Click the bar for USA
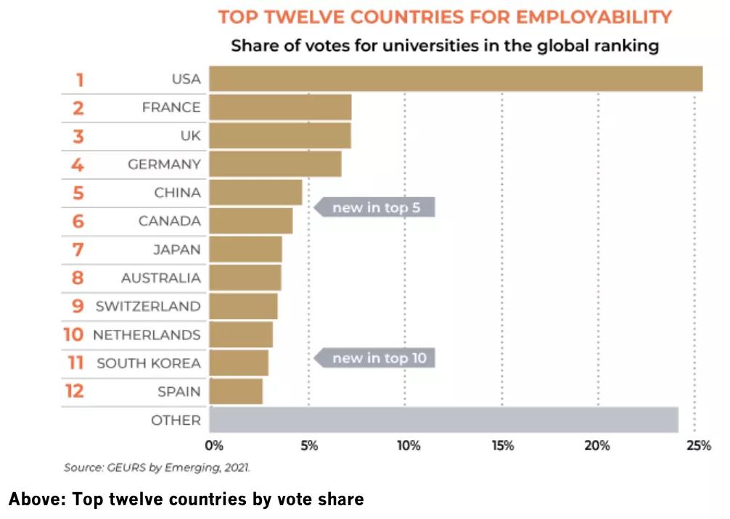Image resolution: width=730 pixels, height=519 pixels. (456, 79)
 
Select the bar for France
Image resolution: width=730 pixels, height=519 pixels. (280, 107)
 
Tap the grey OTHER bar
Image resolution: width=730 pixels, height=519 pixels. (443, 420)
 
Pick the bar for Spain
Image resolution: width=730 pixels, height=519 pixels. (236, 391)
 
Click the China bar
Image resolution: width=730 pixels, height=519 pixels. (255, 193)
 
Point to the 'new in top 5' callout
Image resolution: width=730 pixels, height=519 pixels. (375, 207)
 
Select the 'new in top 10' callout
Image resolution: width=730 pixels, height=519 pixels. (375, 357)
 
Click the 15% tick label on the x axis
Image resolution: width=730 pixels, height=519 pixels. (502, 446)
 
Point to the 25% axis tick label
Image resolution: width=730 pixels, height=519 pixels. (698, 446)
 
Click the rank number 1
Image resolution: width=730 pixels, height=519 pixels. (79, 79)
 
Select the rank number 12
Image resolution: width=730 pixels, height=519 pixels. (75, 391)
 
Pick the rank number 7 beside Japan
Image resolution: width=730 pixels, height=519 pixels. (78, 250)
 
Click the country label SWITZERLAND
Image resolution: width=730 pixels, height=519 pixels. (148, 306)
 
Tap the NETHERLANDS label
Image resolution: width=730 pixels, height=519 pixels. (147, 335)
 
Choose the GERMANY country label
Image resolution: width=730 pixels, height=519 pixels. (164, 165)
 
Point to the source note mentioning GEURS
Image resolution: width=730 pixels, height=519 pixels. (157, 468)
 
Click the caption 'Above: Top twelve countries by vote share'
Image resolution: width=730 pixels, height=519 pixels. (186, 499)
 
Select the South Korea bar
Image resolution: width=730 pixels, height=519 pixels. (239, 362)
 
